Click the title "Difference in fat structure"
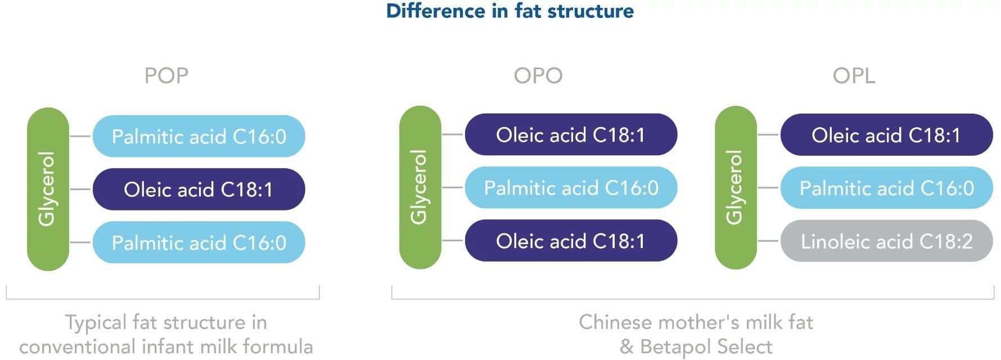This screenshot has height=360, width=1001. [510, 11]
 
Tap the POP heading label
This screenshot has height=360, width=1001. [166, 75]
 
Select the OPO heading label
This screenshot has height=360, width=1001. [538, 75]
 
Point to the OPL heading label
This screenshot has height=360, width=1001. [854, 75]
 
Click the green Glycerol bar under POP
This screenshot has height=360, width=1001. [48, 189]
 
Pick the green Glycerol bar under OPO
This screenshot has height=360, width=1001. [420, 187]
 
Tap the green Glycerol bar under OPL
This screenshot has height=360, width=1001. [736, 187]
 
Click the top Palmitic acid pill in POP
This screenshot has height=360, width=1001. [199, 136]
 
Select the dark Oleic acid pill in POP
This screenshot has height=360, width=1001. [199, 189]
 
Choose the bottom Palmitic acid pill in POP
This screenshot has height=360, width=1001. [199, 242]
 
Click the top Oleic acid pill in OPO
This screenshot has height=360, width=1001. [571, 134]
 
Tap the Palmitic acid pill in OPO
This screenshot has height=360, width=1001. [571, 188]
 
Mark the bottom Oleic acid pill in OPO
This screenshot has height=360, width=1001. [571, 241]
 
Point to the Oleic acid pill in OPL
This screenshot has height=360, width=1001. [886, 134]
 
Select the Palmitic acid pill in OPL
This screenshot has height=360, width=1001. [886, 188]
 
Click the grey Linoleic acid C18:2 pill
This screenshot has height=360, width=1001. [886, 241]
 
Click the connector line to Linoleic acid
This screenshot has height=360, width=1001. [768, 241]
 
